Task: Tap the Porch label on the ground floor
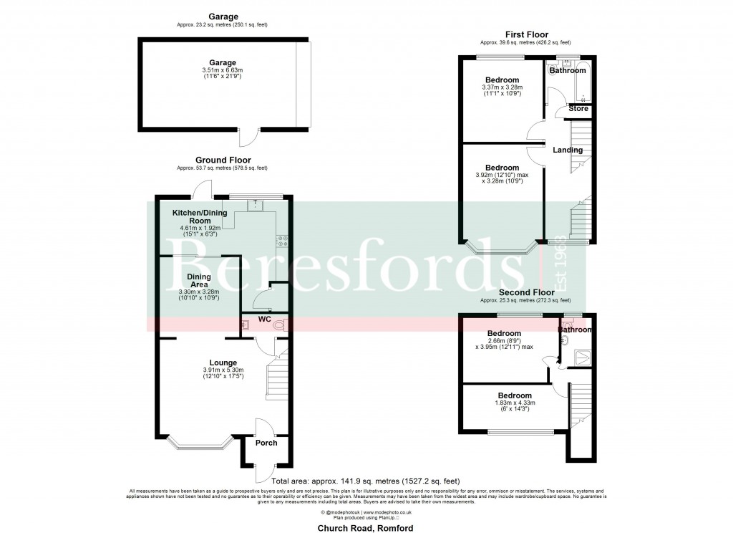[266, 443]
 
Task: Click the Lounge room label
[223, 362]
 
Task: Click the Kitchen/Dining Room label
[200, 217]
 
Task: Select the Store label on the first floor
[578, 109]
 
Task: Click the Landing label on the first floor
[568, 150]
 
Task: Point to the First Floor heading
[526, 34]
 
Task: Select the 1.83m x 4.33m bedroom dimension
[515, 403]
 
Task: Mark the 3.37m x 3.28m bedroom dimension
[502, 88]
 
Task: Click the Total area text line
[366, 481]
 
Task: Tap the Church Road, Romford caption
[366, 528]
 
